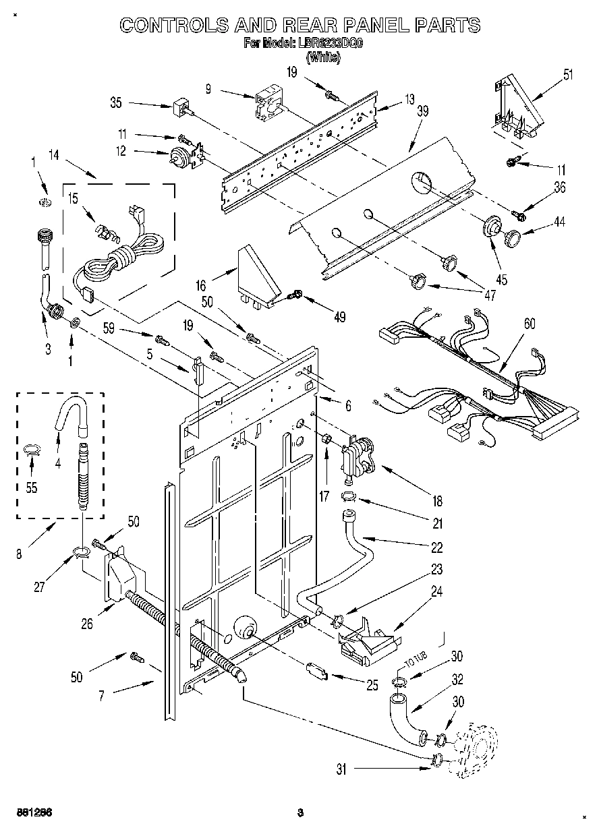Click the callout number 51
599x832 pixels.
pyautogui.click(x=568, y=74)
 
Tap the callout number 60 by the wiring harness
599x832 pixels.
pyautogui.click(x=530, y=324)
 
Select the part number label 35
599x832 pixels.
pyautogui.click(x=116, y=103)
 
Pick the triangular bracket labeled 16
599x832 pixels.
pyautogui.click(x=258, y=276)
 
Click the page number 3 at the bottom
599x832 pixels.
pyautogui.click(x=300, y=812)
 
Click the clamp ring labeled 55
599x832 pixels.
pyautogui.click(x=32, y=450)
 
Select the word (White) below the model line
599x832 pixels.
pyautogui.click(x=324, y=57)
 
